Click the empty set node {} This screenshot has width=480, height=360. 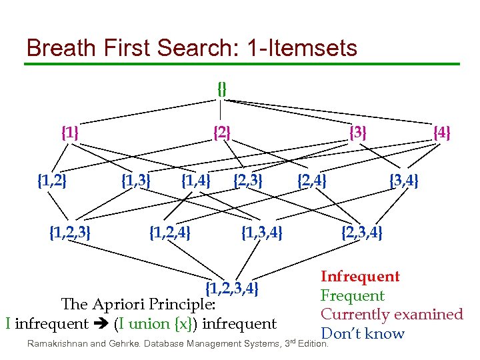click(222, 87)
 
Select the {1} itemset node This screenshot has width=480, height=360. click(69, 133)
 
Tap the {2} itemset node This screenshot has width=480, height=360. click(221, 133)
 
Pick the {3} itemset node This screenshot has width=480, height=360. click(358, 133)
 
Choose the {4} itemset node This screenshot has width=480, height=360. click(442, 133)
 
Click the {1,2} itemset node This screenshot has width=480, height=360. click(51, 180)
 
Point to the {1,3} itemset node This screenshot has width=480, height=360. click(135, 180)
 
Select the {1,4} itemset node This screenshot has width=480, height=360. click(196, 180)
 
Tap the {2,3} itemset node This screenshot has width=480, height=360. click(247, 180)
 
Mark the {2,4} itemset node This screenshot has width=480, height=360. click(311, 180)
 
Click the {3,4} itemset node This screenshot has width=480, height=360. click(404, 180)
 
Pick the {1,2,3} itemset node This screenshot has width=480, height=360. click(71, 233)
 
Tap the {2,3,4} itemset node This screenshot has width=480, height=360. click(362, 233)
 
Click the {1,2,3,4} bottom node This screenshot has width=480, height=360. click(231, 289)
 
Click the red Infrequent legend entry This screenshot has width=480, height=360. click(360, 277)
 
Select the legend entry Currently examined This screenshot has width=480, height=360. click(391, 314)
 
